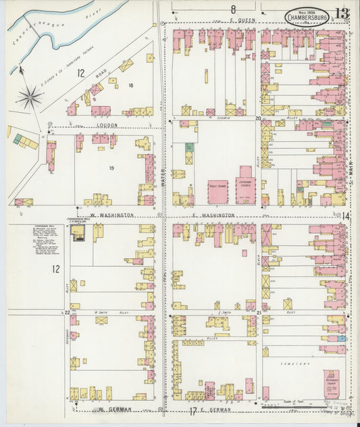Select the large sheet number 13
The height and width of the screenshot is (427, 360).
coord(341,13)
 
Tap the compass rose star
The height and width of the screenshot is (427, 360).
coord(30,97)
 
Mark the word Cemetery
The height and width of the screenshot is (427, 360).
coord(296,361)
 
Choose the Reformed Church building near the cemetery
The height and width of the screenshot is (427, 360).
coord(331,382)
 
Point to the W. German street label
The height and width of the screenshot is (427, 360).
coord(108,409)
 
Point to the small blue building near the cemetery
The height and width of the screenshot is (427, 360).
coord(341,338)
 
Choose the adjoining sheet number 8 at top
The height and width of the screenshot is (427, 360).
coord(232,9)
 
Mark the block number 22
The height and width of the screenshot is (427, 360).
coord(68,313)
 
